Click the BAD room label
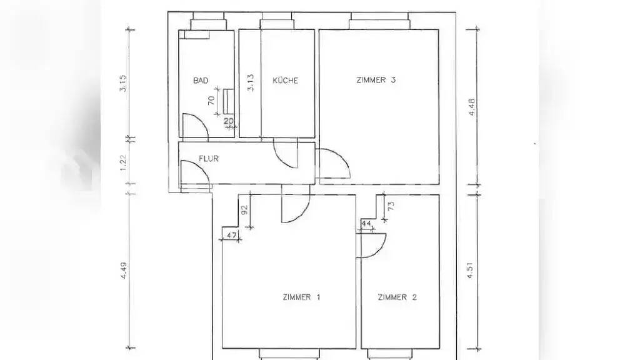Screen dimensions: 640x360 click(201, 81)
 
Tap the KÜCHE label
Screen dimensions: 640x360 click(285, 81)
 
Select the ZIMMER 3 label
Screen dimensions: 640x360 click(376, 80)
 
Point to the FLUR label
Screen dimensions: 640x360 click(209, 158)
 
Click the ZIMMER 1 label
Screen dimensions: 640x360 click(302, 297)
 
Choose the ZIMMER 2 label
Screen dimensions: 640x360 click(397, 297)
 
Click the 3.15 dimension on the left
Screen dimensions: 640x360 click(123, 83)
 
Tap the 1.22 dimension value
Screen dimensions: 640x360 click(124, 162)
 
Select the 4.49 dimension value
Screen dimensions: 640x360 click(123, 271)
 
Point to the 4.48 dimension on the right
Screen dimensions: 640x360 click(471, 107)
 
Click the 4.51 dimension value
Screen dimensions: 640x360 click(470, 270)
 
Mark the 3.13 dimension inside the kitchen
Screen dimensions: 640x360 click(251, 82)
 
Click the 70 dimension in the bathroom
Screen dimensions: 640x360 click(211, 101)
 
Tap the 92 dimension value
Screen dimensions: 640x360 click(244, 210)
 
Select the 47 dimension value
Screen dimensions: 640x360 click(231, 235)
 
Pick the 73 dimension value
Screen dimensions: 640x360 click(391, 206)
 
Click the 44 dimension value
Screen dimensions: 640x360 click(366, 224)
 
